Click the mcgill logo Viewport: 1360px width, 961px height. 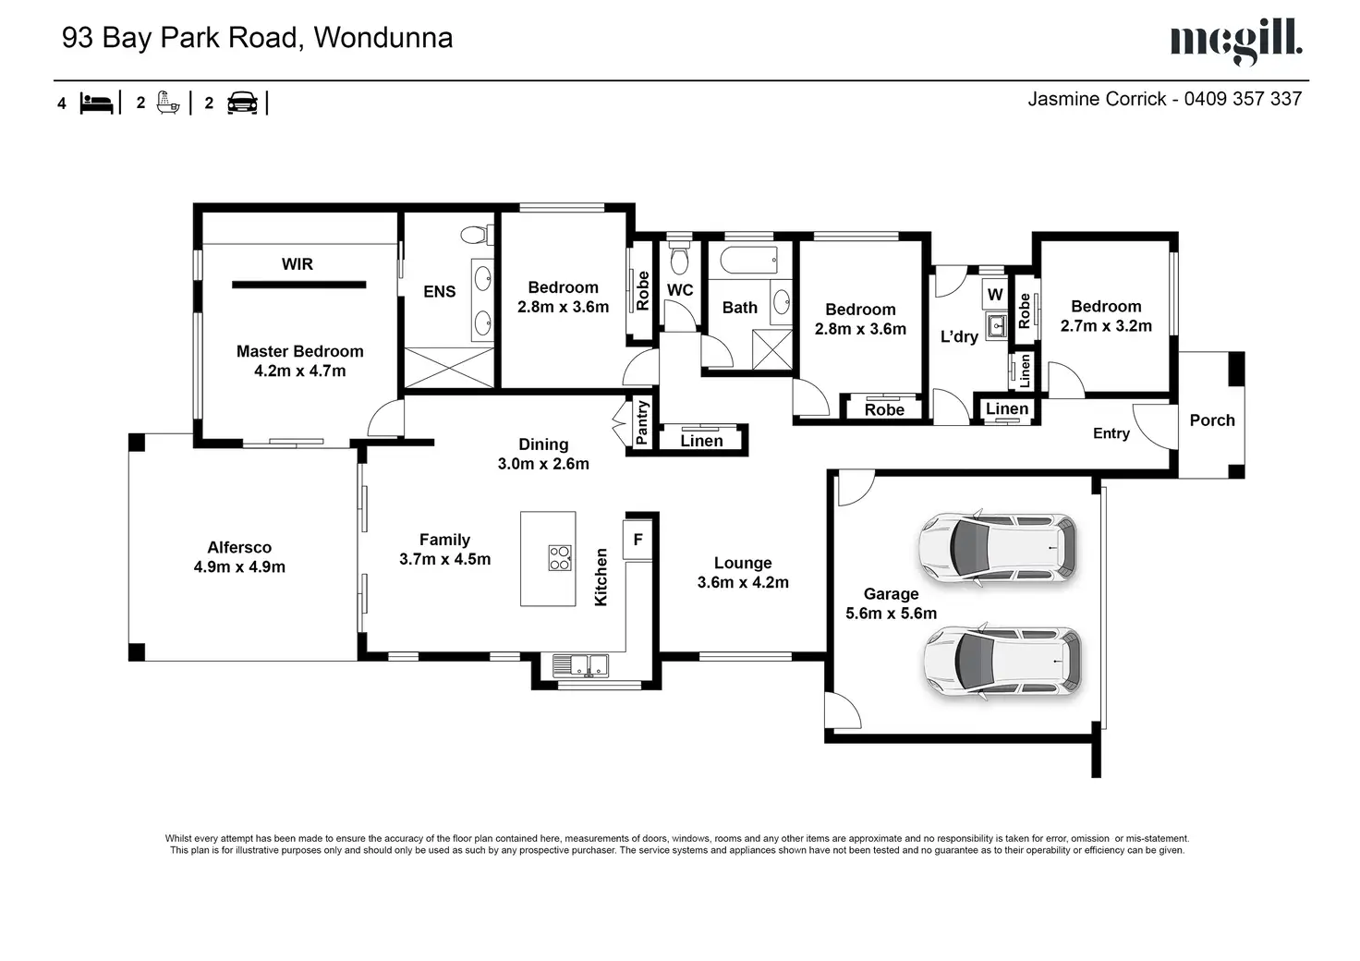pos(1236,42)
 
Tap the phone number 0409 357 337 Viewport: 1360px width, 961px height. pos(1243,99)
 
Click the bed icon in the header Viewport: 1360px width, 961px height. pos(96,103)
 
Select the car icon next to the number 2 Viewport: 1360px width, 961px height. pos(242,103)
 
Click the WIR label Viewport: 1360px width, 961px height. pos(297,264)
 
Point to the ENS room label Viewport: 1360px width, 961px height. pos(439,292)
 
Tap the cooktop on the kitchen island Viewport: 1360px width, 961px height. pos(560,558)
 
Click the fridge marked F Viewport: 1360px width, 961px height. pos(638,539)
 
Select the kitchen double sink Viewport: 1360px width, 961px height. pos(580,665)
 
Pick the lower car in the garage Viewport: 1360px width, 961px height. pos(1002,661)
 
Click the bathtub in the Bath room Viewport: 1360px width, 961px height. pos(748,261)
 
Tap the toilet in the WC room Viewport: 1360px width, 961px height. pos(679,259)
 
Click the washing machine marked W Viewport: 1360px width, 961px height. pos(994,295)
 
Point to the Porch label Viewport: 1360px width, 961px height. pos(1212,420)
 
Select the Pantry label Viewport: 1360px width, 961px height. pos(642,422)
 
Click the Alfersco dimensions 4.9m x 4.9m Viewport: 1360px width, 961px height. pos(239,567)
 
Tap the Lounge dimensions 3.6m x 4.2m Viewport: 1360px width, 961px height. pos(743,583)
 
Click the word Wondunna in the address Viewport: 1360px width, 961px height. pos(383,38)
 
